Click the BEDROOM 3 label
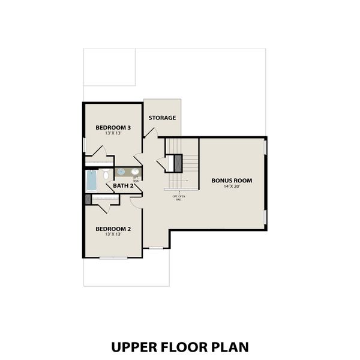(x=113, y=127)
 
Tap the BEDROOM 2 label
(x=113, y=229)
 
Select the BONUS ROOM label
(x=231, y=180)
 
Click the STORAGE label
(x=162, y=118)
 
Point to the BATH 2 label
(x=123, y=185)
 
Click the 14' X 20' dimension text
(x=231, y=187)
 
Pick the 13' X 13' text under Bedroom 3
(x=113, y=134)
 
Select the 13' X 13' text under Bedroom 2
(x=113, y=235)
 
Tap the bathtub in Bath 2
(x=92, y=178)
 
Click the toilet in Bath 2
(x=105, y=175)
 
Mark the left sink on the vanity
(x=121, y=172)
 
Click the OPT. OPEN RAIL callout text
(x=179, y=197)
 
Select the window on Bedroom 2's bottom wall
(x=113, y=257)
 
